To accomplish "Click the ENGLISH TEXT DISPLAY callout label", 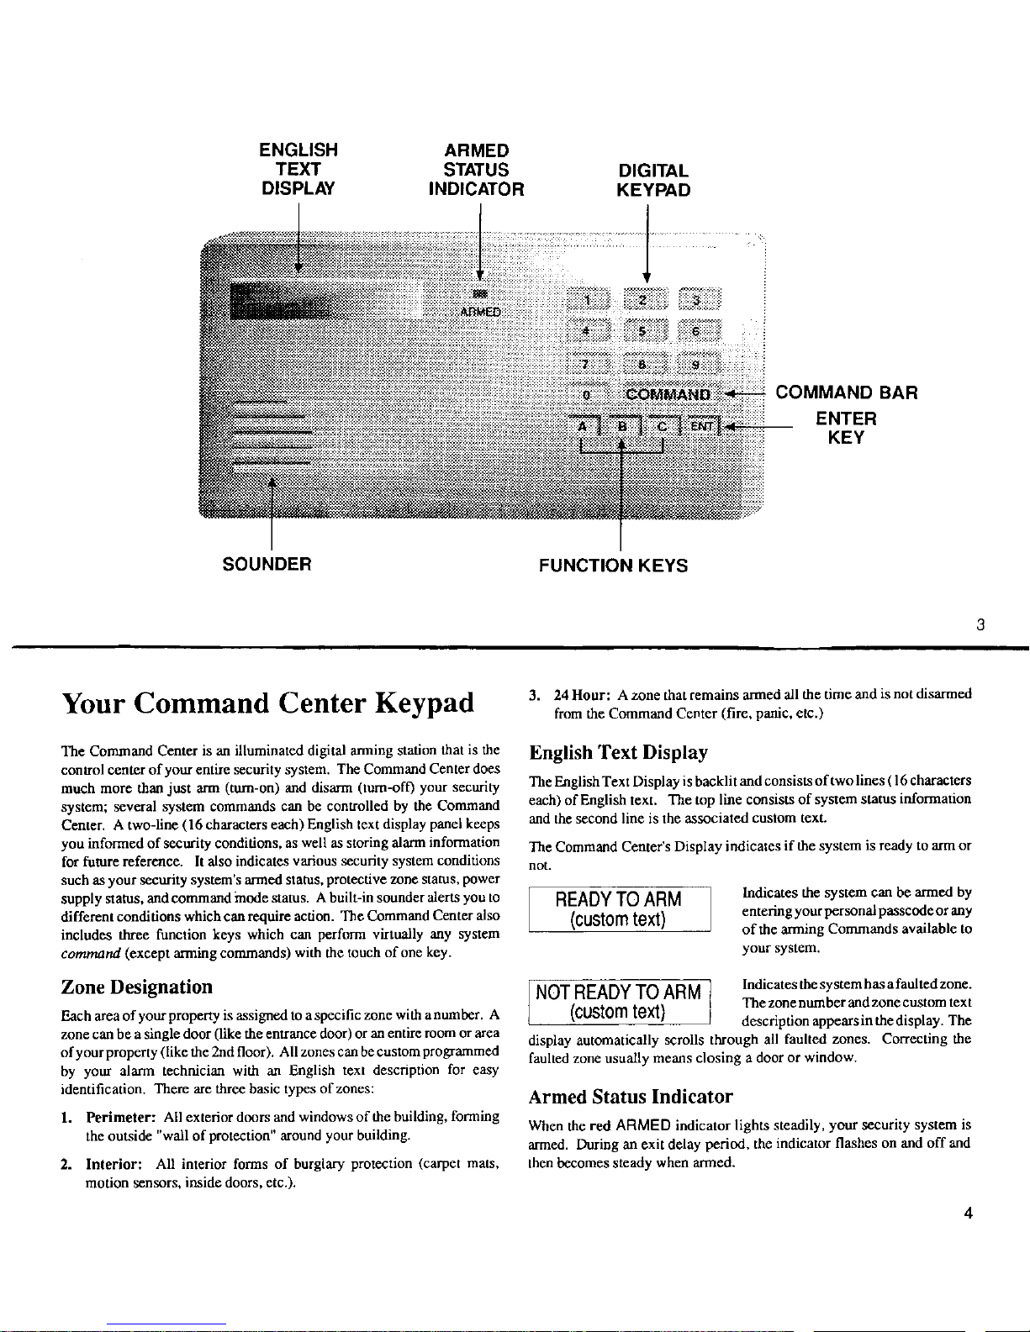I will point(298,169).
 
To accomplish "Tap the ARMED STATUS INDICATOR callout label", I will point(476,169).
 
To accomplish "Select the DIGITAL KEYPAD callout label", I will point(653,180).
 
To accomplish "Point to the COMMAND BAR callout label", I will point(846,392).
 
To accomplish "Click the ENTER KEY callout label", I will point(846,428).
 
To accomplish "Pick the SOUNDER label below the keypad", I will point(267,564).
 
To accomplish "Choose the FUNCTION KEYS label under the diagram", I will point(613,566).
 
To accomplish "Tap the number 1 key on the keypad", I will point(589,301).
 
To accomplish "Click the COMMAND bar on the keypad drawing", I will point(668,395).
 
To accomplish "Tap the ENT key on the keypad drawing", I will point(703,426).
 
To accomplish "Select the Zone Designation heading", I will point(137,987).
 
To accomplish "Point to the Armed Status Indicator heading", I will point(630,1097).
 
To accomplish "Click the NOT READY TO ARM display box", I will point(619,1002).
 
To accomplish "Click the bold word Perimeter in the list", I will point(118,1117).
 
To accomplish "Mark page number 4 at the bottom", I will point(969,1213).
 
